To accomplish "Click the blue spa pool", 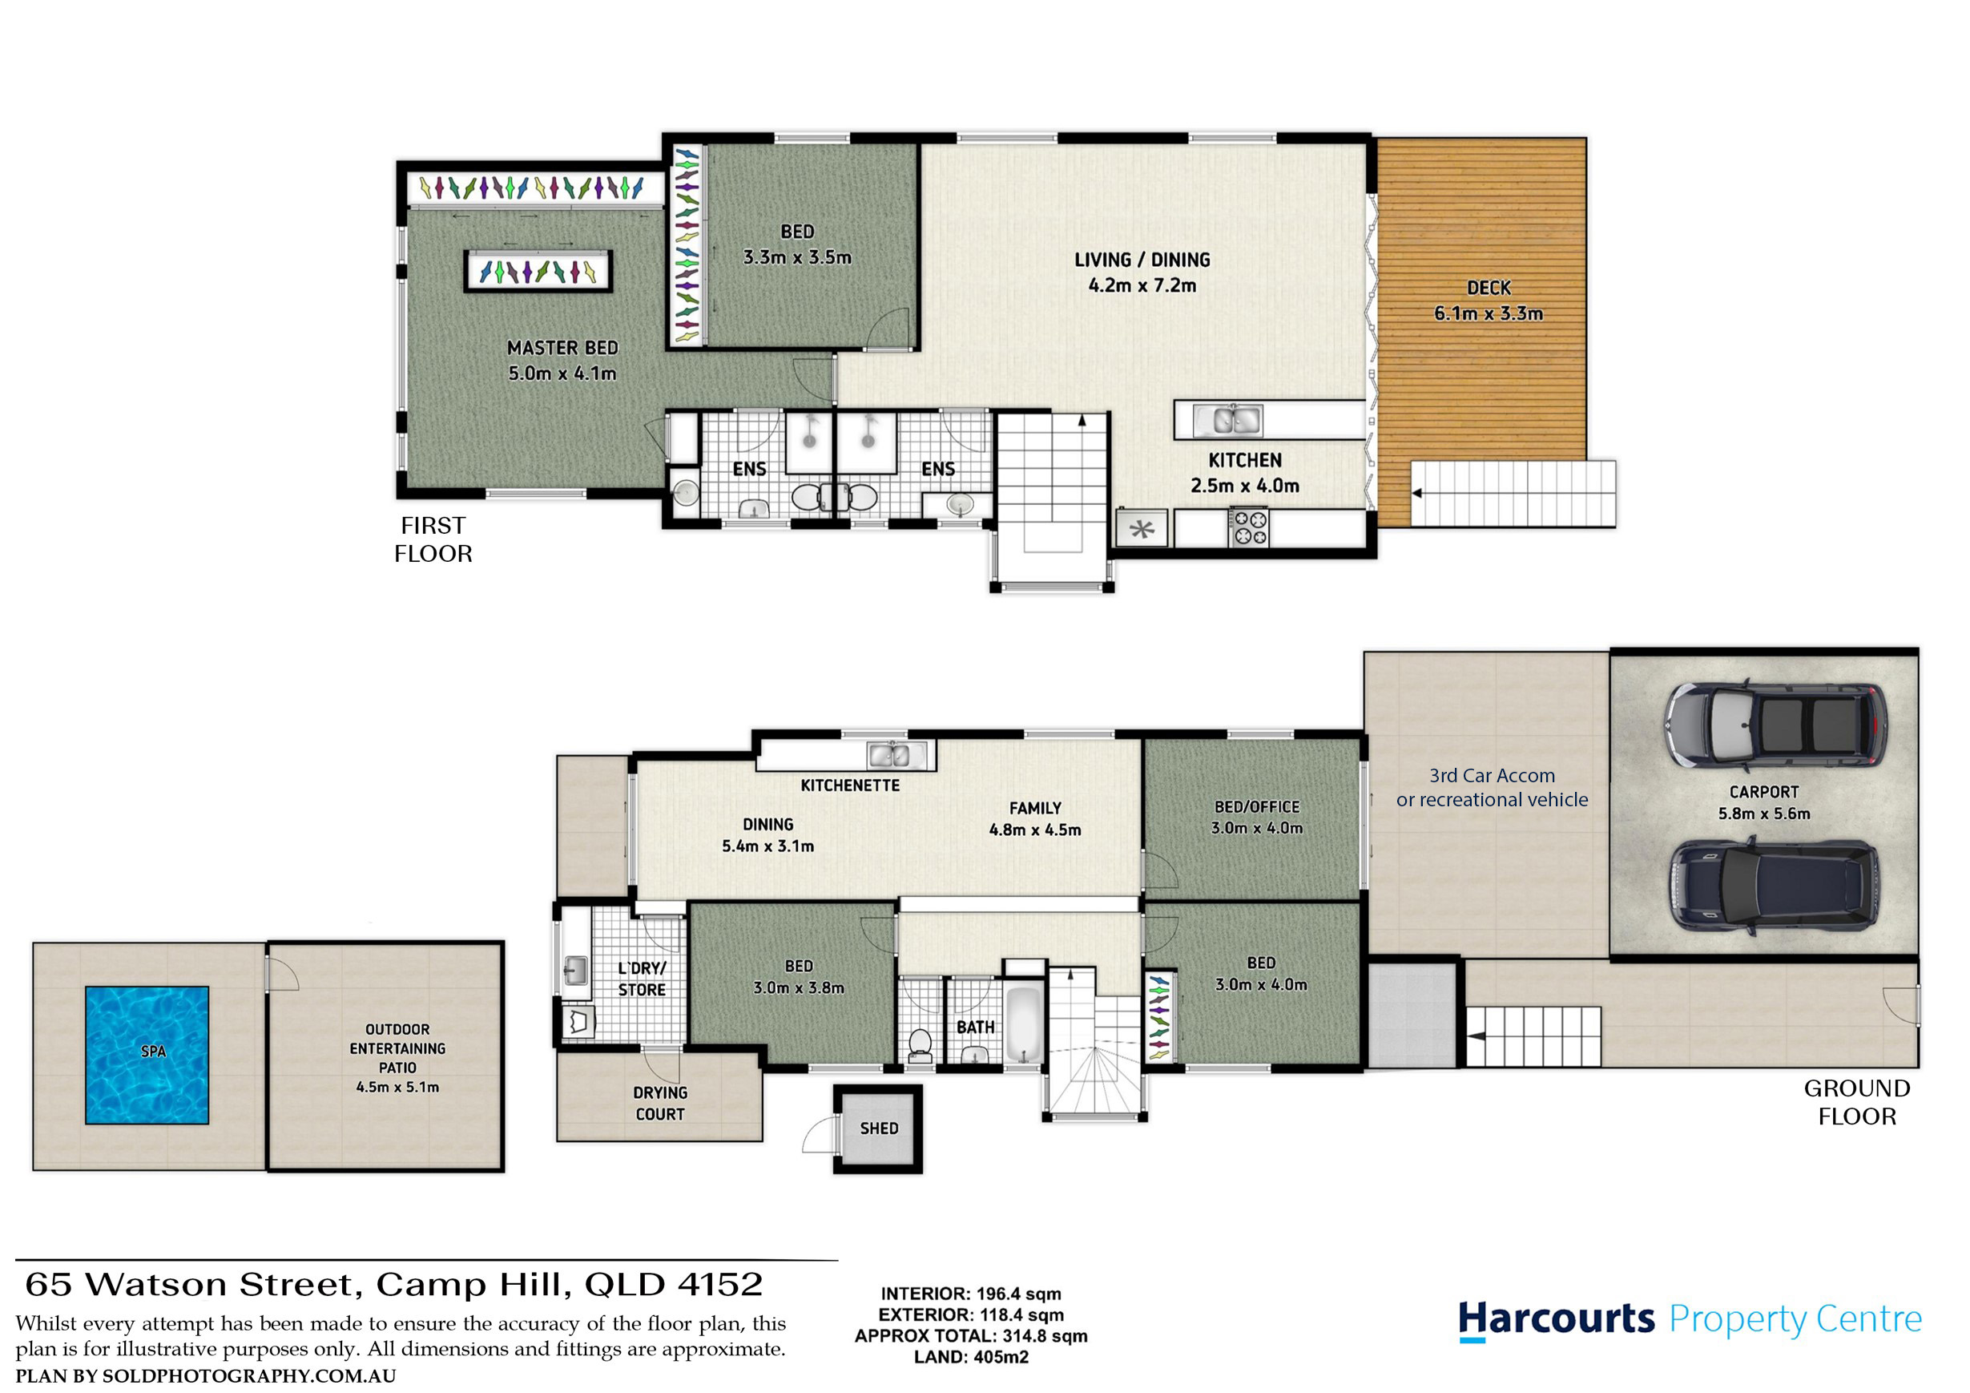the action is (147, 1055).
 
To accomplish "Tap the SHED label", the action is (879, 1129).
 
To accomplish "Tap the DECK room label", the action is (1489, 289).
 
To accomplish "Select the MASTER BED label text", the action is (562, 348).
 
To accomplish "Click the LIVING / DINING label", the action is (1142, 259).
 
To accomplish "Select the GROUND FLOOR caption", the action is (1857, 1102).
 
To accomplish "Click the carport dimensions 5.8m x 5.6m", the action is (1764, 814).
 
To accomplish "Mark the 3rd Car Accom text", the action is (1492, 776).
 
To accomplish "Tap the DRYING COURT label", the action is (660, 1104).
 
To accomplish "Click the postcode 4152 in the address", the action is (720, 1285).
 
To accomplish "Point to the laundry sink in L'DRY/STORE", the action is (576, 970).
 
